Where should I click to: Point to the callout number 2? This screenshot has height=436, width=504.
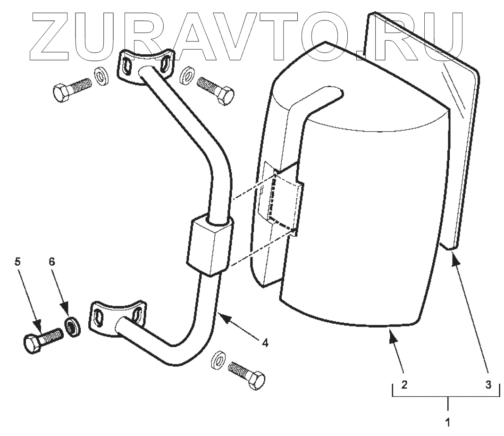[404, 384]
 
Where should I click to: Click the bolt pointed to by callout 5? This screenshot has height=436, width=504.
[42, 338]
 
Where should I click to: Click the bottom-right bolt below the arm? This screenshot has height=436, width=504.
[245, 373]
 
